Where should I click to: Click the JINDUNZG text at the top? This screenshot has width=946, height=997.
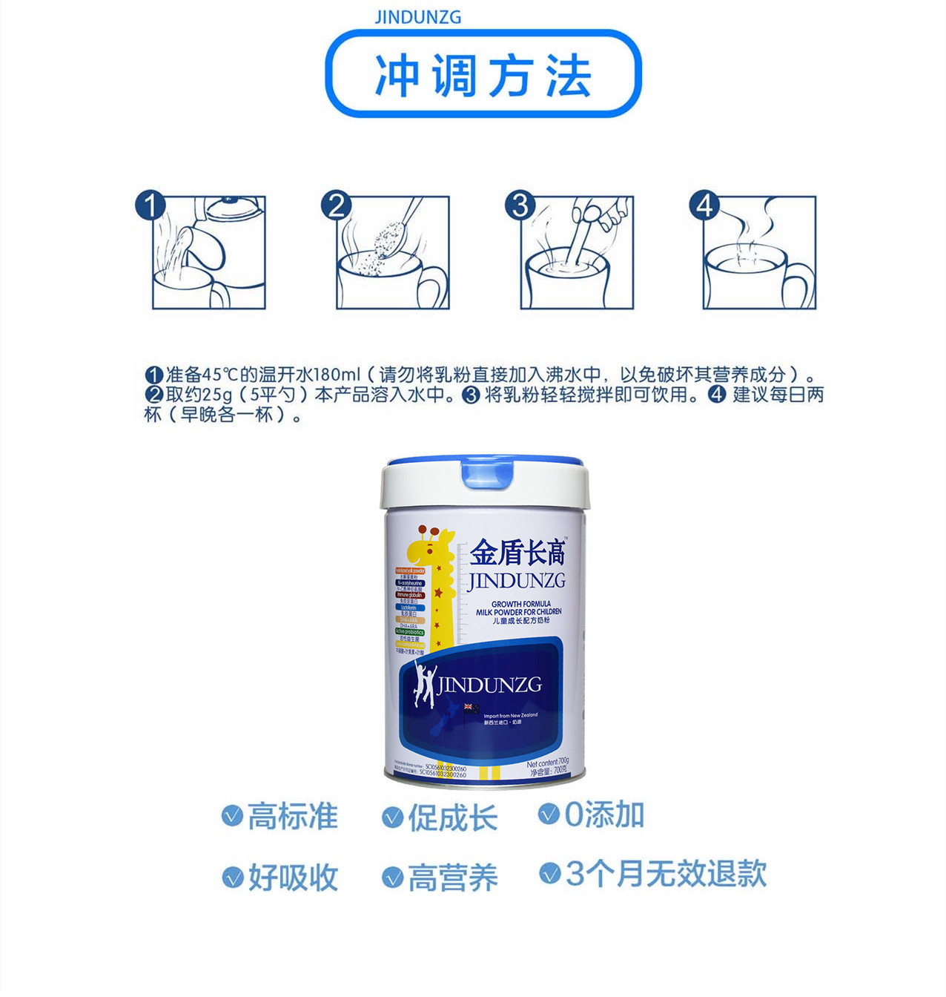tap(417, 16)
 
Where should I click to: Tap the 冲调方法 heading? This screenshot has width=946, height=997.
tap(483, 76)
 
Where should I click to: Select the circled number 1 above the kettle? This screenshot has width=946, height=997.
tap(150, 205)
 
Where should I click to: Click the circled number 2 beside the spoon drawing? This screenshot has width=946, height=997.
tap(336, 205)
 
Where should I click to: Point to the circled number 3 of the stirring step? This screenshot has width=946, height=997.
tap(520, 205)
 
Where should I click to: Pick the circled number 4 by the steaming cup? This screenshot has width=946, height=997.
tap(704, 205)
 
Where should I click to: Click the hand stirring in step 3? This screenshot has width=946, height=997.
tap(609, 215)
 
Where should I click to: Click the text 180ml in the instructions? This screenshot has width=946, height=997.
tap(331, 374)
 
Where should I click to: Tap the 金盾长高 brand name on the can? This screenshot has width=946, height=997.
tap(518, 553)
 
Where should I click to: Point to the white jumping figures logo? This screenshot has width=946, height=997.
tap(424, 684)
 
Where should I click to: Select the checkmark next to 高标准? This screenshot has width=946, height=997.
tap(233, 816)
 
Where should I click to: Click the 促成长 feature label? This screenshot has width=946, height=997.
tap(452, 818)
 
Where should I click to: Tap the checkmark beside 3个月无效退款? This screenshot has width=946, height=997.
tap(549, 873)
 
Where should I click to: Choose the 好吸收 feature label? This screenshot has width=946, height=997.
tap(293, 878)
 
